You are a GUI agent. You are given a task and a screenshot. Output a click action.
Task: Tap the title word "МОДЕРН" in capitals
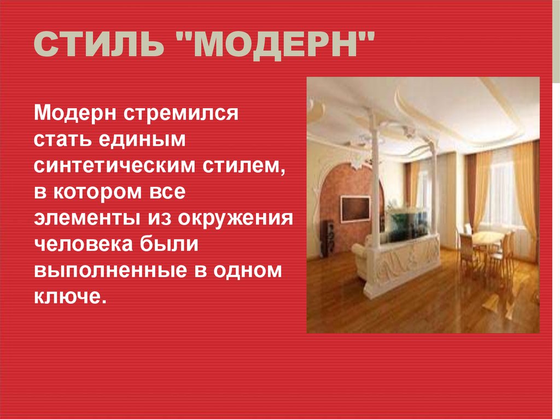[x=276, y=45]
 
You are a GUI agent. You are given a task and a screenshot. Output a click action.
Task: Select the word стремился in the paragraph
[x=181, y=114]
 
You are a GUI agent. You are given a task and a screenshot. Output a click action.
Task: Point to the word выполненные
[x=110, y=271]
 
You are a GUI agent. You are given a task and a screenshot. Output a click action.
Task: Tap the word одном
[x=248, y=271]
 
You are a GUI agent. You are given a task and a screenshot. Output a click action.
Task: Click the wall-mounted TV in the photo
[x=355, y=209]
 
